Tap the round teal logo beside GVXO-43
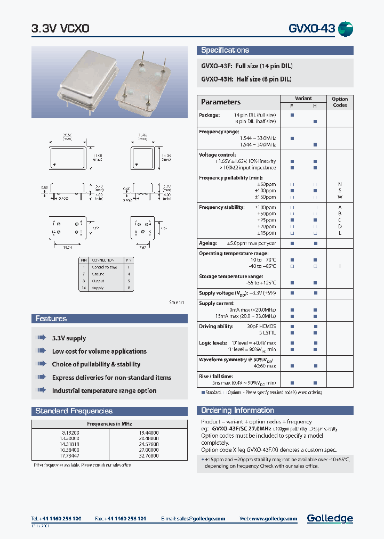coord(346,29)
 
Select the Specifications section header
coord(225,50)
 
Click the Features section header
coord(51,318)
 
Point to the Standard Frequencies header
coord(74,411)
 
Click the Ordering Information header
coord(237,410)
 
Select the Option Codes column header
coord(340,102)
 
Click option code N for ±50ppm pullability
coord(340,184)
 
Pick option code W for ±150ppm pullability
coord(340,197)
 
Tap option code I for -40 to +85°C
coord(340,266)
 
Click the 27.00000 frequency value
coord(148,449)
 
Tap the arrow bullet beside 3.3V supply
coord(41,338)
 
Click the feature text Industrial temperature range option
coord(104,390)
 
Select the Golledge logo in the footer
coord(330,518)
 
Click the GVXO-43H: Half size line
coord(246,79)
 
